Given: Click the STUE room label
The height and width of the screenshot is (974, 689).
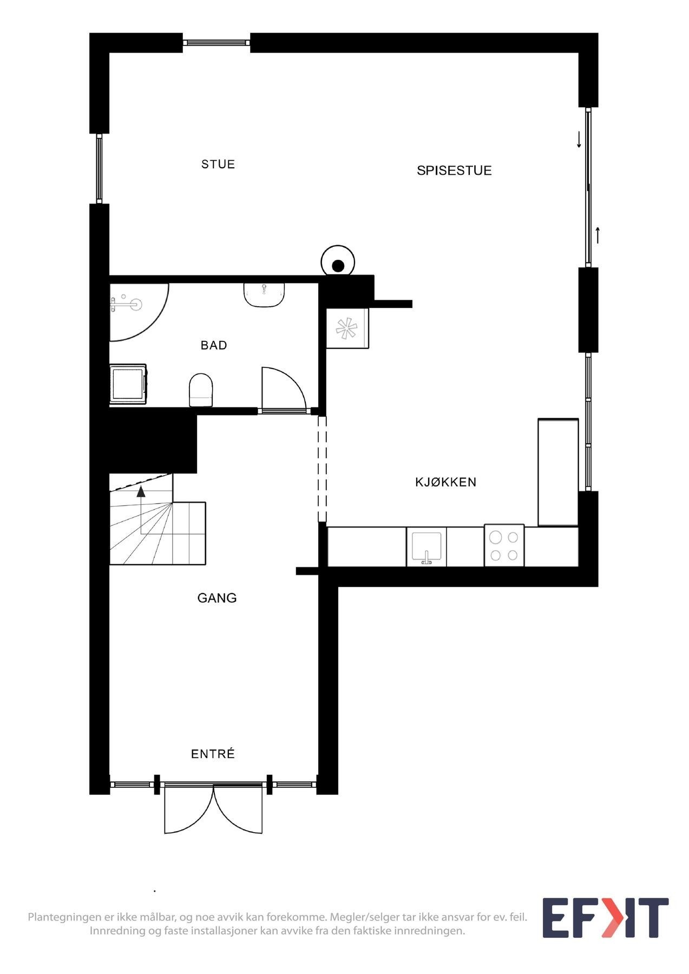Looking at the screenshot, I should coord(218,164).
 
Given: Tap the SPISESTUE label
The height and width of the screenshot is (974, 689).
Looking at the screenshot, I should coord(454,170).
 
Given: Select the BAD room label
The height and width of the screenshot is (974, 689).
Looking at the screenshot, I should coord(213,345).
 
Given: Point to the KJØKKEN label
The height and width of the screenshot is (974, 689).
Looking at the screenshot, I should coord(445,482).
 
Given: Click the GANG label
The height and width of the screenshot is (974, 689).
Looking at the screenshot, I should coord(216,598).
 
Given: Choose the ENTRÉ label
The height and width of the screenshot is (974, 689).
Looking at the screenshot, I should coord(213,754).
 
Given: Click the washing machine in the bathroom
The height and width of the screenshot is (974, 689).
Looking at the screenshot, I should coord(128,384).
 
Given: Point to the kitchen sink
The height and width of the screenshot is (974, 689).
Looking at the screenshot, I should coord(426,547).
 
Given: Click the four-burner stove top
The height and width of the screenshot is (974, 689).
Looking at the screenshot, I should coord(504,545).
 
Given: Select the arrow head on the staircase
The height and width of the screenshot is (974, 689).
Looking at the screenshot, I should coord(141,491).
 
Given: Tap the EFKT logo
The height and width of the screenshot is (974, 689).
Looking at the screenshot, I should coord(605,918).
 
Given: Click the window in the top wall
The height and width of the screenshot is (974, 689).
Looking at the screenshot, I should coord(216,42).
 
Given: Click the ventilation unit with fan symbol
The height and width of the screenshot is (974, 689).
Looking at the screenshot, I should coord(346,328).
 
